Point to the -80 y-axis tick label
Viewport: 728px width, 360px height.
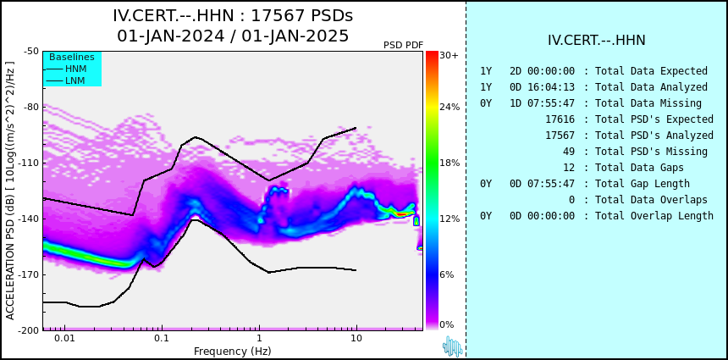click(31, 107)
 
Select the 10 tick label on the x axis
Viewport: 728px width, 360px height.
click(356, 338)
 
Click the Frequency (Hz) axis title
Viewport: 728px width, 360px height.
click(233, 351)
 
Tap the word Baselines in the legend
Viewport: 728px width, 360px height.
click(72, 57)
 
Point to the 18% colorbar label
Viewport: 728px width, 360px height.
click(449, 163)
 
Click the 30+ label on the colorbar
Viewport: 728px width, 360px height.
click(449, 55)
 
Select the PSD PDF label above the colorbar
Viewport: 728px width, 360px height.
click(404, 45)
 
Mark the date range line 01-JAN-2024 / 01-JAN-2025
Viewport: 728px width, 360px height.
click(233, 36)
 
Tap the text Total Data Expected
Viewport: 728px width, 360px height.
click(652, 71)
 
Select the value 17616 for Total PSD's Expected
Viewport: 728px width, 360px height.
click(560, 119)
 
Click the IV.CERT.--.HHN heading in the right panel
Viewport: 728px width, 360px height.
click(597, 40)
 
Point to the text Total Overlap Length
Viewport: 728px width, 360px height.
click(654, 215)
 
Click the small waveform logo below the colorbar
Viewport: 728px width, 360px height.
click(453, 346)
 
